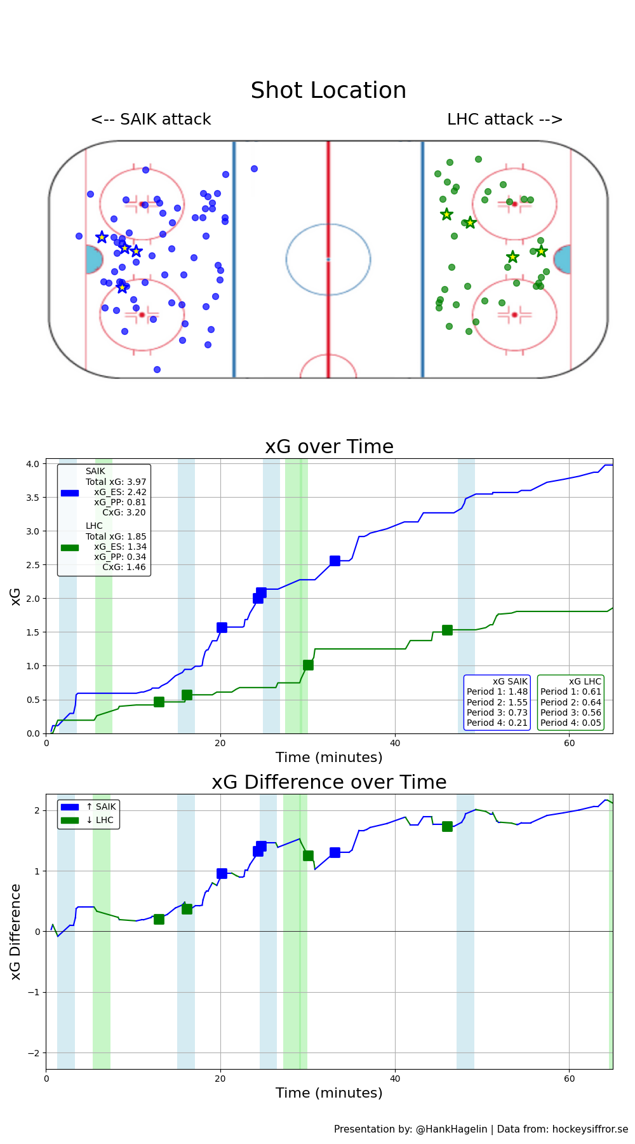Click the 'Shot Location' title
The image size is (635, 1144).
328,90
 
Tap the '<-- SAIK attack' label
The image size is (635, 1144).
151,119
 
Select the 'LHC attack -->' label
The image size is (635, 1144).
505,119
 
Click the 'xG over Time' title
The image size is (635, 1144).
329,447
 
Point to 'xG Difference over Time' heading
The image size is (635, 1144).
329,782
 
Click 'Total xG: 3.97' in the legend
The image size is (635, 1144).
116,482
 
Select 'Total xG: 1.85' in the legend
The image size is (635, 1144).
116,536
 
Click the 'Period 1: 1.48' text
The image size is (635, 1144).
497,691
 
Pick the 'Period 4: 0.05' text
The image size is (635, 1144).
571,723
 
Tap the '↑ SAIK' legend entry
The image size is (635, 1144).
101,807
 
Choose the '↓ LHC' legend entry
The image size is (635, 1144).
100,821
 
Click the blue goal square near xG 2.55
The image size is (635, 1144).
335,561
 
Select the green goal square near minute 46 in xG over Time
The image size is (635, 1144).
447,630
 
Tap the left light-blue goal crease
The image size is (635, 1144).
93,260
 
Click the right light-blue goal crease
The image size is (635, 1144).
563,260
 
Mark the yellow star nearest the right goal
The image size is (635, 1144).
541,251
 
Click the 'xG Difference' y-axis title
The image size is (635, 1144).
16,931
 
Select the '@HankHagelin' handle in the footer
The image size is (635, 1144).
451,1129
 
